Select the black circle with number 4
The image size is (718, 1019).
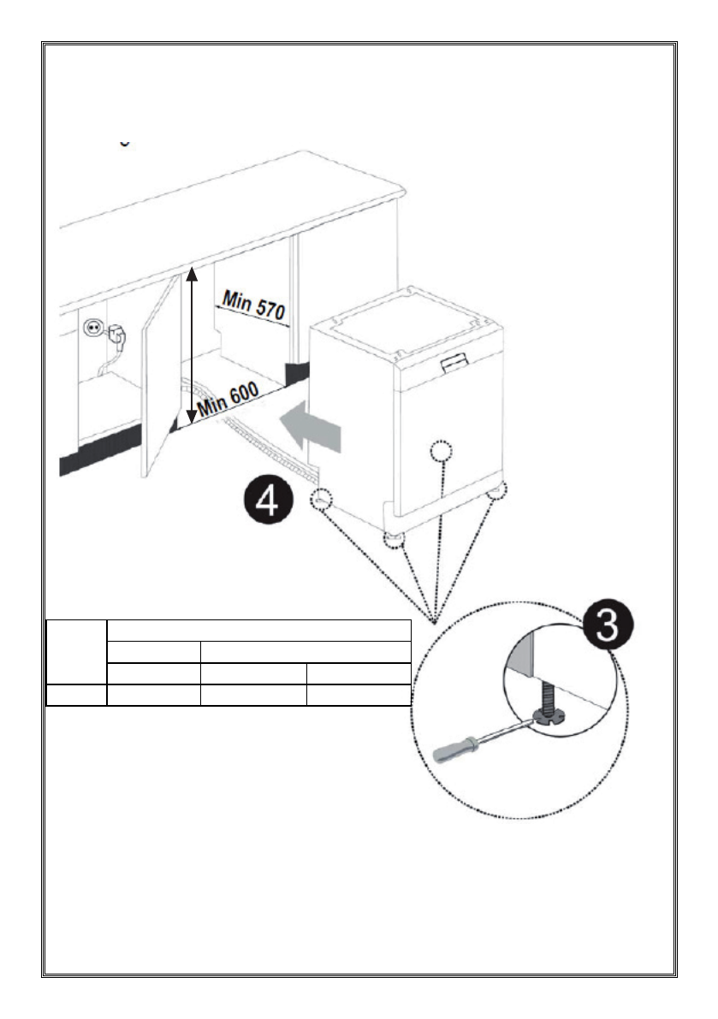(x=268, y=500)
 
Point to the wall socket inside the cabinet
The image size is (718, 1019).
(x=92, y=328)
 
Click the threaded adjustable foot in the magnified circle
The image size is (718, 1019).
(x=542, y=703)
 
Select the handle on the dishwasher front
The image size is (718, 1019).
(x=454, y=365)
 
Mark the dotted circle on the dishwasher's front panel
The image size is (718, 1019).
(x=440, y=451)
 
